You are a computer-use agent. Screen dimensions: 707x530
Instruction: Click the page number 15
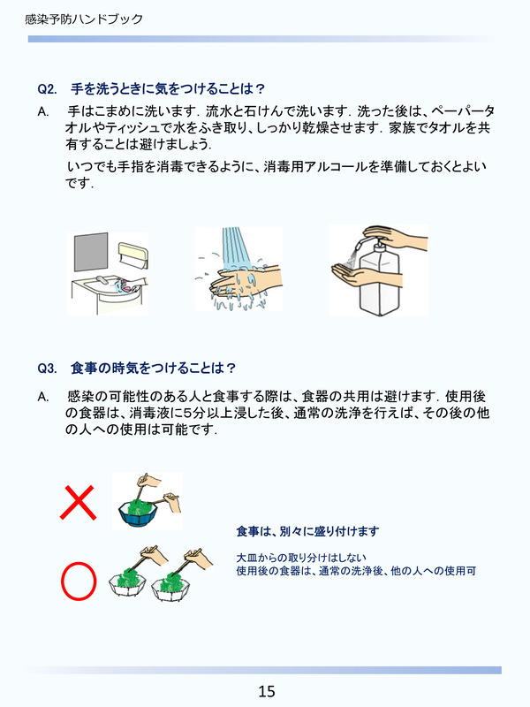pos(267,690)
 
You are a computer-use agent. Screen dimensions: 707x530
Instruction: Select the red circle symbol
pos(79,580)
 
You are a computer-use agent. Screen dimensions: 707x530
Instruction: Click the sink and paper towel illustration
pos(109,274)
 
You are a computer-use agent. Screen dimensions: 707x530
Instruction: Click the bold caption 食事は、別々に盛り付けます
pos(307,531)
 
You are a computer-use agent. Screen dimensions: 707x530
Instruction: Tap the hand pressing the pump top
pos(396,236)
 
